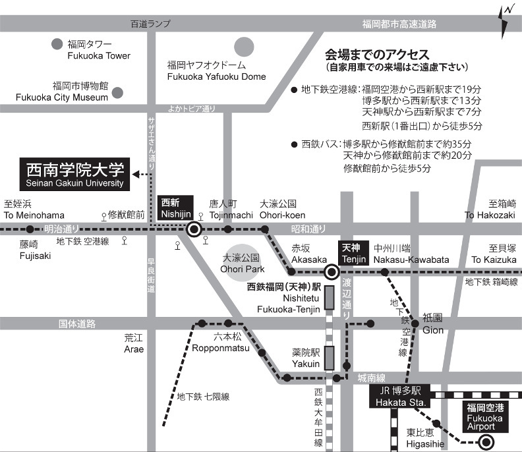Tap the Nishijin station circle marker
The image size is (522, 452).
[x=194, y=229]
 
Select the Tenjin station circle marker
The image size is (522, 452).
[x=332, y=271]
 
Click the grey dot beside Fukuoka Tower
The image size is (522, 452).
[x=57, y=45]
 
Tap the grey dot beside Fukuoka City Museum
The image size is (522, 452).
[x=118, y=92]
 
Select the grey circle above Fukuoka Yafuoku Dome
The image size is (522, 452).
[x=244, y=47]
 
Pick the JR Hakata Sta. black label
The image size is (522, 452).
[x=399, y=396]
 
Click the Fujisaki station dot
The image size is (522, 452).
[x=30, y=229]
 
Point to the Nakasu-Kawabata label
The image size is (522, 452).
[x=401, y=254]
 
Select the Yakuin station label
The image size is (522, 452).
[x=306, y=357]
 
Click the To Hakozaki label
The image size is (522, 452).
[x=490, y=209]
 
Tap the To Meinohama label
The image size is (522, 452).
[x=34, y=209]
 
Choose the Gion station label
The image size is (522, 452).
[x=433, y=323]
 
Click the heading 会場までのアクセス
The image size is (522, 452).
[x=377, y=54]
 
